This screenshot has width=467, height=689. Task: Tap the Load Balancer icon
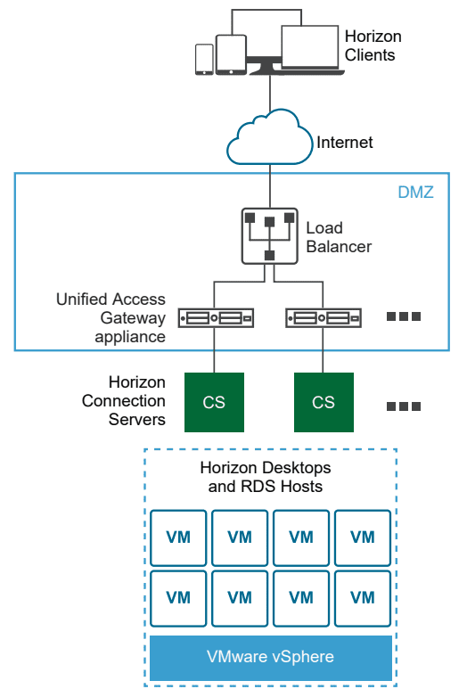click(x=269, y=235)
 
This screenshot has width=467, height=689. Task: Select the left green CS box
click(x=214, y=402)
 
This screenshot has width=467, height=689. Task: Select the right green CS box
click(x=324, y=402)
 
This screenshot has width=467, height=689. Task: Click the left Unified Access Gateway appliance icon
click(x=216, y=316)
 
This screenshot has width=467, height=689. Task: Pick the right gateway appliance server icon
click(x=324, y=316)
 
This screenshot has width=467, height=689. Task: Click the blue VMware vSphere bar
click(x=270, y=658)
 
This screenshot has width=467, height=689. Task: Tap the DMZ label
click(x=415, y=192)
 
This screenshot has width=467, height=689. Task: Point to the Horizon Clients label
click(x=373, y=45)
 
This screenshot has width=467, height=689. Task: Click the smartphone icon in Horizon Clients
click(x=203, y=59)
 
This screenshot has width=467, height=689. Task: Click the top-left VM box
click(x=178, y=537)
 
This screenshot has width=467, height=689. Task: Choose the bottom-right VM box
click(x=362, y=597)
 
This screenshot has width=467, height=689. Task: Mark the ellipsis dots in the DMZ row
click(x=403, y=316)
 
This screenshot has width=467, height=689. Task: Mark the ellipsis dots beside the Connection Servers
click(x=403, y=406)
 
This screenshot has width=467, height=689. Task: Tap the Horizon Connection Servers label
click(x=124, y=401)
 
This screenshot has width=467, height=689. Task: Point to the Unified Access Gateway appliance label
click(x=111, y=318)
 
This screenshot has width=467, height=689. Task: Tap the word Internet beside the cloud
click(x=345, y=143)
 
